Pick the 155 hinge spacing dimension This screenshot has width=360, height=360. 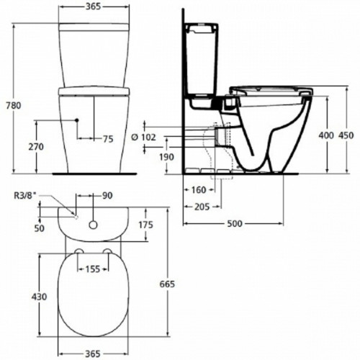point(91,271)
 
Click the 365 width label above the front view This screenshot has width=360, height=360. point(91,7)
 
